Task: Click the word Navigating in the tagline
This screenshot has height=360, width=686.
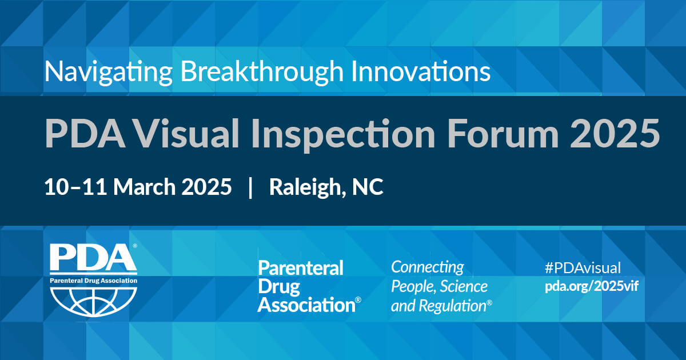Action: point(109,72)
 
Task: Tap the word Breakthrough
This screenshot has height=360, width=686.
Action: point(262,72)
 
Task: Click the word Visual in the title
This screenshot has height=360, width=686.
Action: point(187,134)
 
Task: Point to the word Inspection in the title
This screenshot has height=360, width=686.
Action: point(344,135)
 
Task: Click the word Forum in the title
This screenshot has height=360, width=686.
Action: point(503,134)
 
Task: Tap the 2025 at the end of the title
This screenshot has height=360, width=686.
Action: point(615,134)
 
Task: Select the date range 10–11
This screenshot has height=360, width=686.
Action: point(75,187)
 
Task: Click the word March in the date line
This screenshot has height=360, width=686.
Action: point(145,187)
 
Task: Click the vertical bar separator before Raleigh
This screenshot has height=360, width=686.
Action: point(250,187)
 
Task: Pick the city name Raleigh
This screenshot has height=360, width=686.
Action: point(305,187)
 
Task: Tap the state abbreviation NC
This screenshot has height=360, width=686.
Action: point(368,187)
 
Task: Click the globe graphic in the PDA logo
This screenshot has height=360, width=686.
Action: point(94,301)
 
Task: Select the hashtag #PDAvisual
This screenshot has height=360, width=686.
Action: point(583,268)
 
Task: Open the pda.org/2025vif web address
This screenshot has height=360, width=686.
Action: point(592,286)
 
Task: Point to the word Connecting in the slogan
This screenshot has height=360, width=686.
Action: point(428,268)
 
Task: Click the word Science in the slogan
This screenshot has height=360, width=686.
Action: point(464,287)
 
